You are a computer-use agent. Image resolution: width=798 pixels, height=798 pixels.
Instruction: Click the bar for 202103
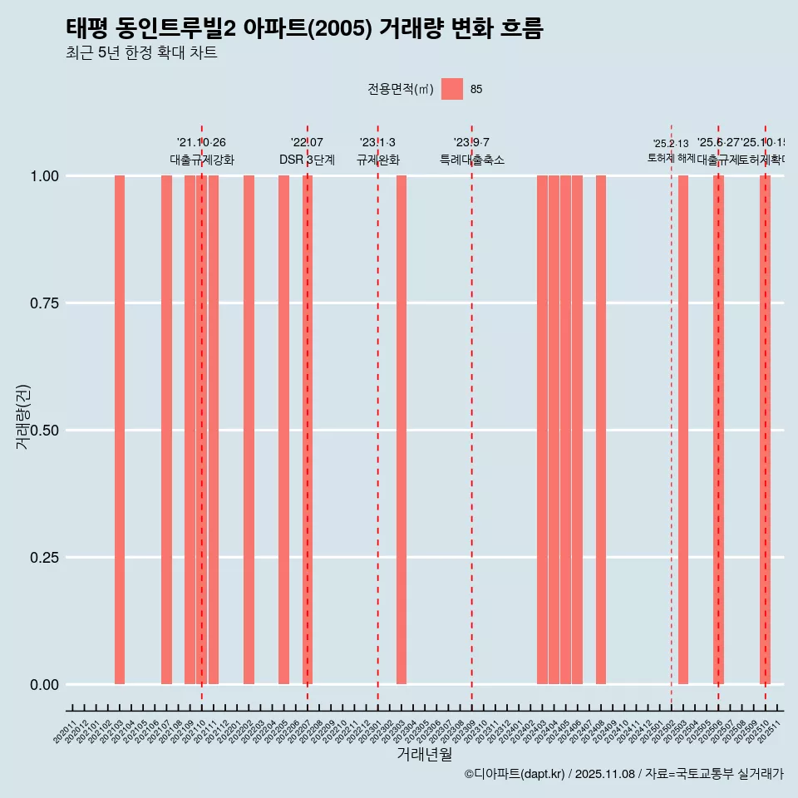click(120, 430)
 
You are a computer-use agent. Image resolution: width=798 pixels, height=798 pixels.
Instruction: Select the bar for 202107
click(166, 430)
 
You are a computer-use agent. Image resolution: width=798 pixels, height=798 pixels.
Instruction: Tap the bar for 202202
click(249, 430)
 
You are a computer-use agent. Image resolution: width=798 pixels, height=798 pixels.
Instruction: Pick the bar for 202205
click(283, 430)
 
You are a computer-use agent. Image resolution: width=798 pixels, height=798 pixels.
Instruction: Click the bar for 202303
click(401, 430)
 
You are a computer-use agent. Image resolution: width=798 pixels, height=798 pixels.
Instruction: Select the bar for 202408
click(601, 430)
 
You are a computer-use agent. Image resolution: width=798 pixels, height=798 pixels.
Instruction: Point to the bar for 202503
click(683, 430)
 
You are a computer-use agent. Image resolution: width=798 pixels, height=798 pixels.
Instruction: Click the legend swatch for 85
click(452, 89)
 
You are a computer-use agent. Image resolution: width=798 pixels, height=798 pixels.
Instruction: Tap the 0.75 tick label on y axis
click(44, 303)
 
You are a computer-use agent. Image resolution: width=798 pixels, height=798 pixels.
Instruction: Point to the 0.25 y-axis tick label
click(44, 558)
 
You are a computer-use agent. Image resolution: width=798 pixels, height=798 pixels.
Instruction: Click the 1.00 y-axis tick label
click(44, 176)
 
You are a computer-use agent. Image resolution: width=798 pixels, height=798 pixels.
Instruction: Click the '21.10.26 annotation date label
click(201, 143)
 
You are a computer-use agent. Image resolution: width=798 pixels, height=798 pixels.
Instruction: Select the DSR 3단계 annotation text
click(307, 160)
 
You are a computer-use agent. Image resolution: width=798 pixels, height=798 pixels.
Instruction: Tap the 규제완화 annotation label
click(377, 160)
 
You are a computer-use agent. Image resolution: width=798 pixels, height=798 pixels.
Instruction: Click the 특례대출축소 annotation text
click(472, 160)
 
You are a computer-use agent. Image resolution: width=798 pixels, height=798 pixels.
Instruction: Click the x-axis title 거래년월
click(424, 755)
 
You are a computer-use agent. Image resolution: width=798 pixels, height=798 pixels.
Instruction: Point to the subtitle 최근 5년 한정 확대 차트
click(141, 53)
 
